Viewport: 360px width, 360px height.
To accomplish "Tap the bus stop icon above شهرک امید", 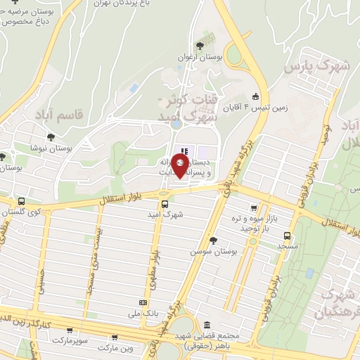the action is click(165, 205).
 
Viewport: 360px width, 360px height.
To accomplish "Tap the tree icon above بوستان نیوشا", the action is click(50, 138).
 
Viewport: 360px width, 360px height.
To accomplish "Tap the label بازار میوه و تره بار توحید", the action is click(258, 226).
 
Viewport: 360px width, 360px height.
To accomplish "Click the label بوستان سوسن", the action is click(211, 251).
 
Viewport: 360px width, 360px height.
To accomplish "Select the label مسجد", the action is click(287, 247).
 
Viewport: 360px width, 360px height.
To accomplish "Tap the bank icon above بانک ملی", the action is click(143, 302).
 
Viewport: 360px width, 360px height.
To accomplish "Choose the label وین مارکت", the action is click(115, 348).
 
